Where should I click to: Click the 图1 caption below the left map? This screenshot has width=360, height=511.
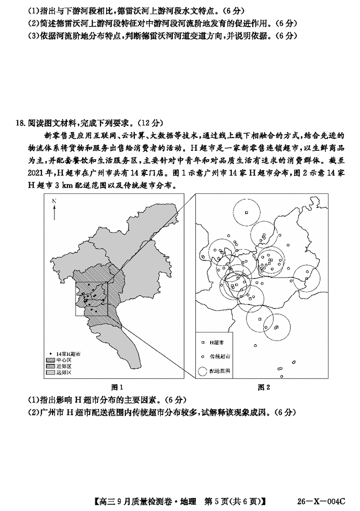pyautogui.click(x=117, y=387)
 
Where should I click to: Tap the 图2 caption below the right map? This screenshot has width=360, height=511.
pyautogui.click(x=264, y=387)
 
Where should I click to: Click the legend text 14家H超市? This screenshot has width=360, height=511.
pyautogui.click(x=66, y=354)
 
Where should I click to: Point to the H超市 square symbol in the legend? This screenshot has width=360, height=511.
pyautogui.click(x=203, y=342)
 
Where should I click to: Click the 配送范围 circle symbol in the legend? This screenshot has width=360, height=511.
pyautogui.click(x=203, y=372)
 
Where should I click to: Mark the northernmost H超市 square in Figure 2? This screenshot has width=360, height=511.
pyautogui.click(x=246, y=212)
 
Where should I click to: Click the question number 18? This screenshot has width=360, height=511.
pyautogui.click(x=19, y=123)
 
